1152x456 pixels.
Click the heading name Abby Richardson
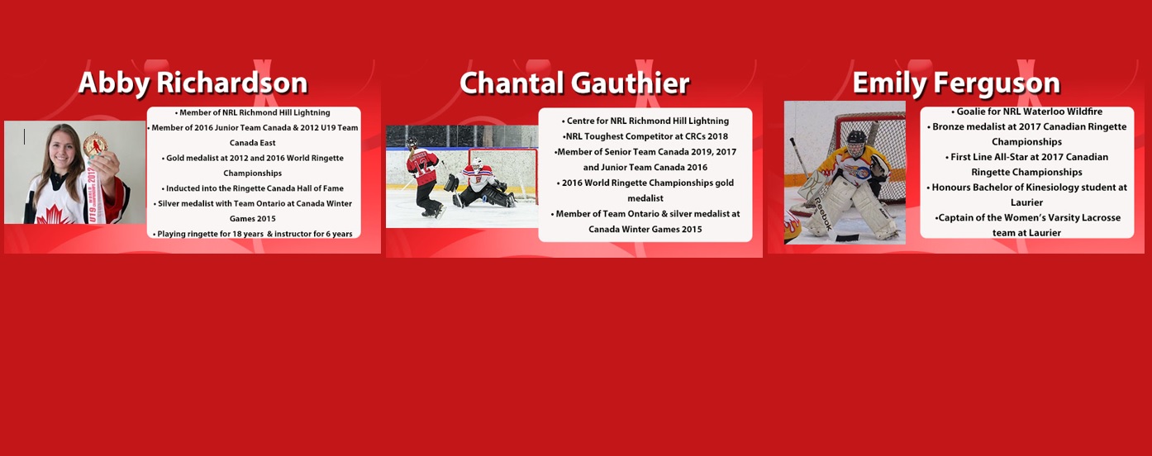[x=193, y=83]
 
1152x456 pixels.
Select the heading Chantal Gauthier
[x=574, y=83]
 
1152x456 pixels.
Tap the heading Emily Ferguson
[x=957, y=83]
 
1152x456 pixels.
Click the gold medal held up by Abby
[x=95, y=145]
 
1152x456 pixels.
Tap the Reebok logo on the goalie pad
[x=822, y=214]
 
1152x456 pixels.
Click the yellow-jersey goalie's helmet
[x=856, y=144]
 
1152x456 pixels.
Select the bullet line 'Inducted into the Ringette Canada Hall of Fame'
[x=253, y=188]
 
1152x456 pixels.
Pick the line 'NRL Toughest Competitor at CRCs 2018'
[x=645, y=136]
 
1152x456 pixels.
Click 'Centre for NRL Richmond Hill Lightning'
[x=645, y=121]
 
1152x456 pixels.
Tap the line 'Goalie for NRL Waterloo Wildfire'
[x=1026, y=112]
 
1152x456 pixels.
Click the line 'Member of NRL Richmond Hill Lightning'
[x=253, y=112]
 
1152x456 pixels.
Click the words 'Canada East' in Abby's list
[x=253, y=143]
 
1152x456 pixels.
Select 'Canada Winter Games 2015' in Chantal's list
[x=645, y=230]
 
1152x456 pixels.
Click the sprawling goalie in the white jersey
[x=481, y=184]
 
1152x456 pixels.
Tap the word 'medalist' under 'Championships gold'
[x=645, y=198]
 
